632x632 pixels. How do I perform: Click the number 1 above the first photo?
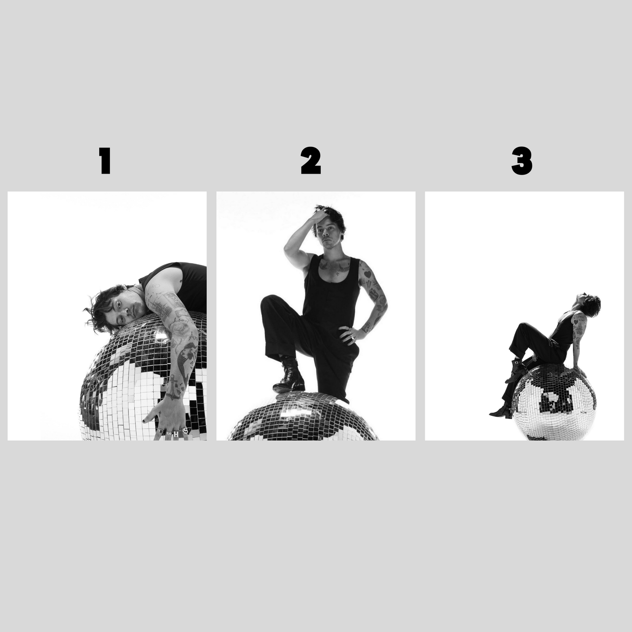[x=105, y=161]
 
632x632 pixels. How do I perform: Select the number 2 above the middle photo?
[x=311, y=161]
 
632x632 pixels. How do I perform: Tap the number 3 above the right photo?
[x=521, y=161]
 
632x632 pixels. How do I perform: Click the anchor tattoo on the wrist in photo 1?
[x=174, y=388]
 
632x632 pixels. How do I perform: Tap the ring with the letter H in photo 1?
[x=177, y=433]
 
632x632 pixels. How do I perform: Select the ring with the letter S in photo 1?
[x=185, y=431]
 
